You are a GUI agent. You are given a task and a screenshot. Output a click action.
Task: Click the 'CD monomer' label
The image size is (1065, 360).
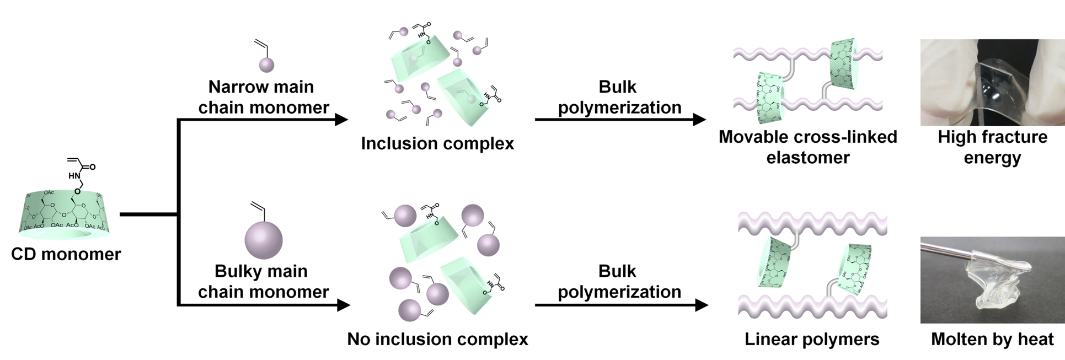[66, 254]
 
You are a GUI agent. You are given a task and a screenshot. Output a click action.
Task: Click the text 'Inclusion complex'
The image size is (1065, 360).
[437, 143]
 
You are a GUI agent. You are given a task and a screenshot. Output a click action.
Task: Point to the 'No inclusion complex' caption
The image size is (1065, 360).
[437, 339]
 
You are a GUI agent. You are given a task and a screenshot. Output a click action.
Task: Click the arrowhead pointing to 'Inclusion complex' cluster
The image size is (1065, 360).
[341, 119]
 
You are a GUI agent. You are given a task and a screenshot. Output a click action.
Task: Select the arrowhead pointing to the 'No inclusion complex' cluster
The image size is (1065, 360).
[343, 305]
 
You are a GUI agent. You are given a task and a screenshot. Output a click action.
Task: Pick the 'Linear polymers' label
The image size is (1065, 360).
[812, 339]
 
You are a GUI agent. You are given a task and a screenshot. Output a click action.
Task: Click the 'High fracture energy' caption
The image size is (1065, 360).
[992, 147]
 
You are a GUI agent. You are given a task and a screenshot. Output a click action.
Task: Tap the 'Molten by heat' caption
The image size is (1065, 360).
[992, 339]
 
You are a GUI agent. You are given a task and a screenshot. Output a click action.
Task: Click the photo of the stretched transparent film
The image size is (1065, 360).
[992, 82]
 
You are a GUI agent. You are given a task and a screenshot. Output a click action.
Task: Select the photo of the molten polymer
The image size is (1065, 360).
[992, 280]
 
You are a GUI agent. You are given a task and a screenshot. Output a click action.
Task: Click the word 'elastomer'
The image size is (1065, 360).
[808, 158]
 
